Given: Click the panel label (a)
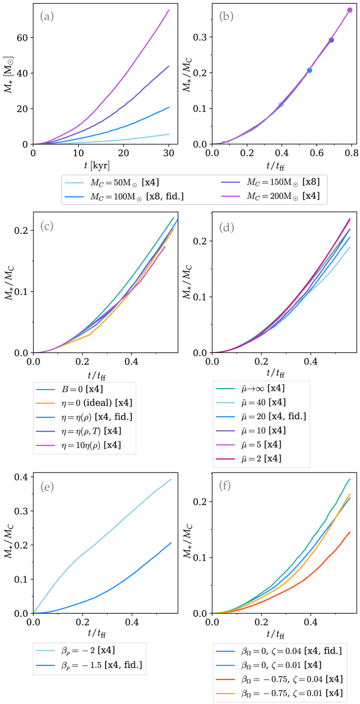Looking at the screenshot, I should tap(47, 16).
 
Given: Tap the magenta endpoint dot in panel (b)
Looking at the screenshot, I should tap(350, 10).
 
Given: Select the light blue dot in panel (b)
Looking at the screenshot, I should tap(281, 105).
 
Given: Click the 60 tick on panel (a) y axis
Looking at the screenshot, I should tap(22, 38).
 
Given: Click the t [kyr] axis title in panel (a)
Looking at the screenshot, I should tap(97, 165).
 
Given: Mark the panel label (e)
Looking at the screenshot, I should tap(47, 487).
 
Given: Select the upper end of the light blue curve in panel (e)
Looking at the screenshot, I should tap(171, 479).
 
